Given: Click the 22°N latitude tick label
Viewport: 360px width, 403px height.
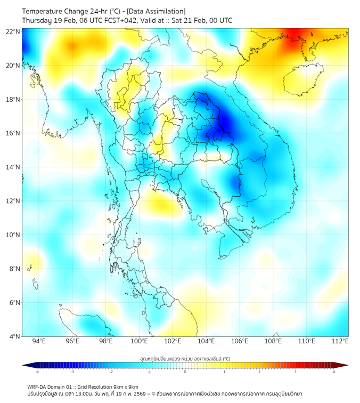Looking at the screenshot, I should pyautogui.click(x=13, y=31).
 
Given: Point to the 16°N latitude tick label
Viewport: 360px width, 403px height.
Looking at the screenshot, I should pyautogui.click(x=13, y=133).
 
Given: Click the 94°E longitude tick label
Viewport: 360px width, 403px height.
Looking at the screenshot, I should pyautogui.click(x=39, y=341).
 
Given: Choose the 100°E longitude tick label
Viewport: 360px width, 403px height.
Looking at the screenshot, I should pyautogui.click(x=140, y=341).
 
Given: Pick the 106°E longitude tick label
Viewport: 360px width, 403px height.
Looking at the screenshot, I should pyautogui.click(x=240, y=341).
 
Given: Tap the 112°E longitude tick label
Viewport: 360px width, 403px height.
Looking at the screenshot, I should pyautogui.click(x=340, y=341).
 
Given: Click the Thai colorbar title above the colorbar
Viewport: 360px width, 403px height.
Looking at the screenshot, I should pyautogui.click(x=185, y=358).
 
